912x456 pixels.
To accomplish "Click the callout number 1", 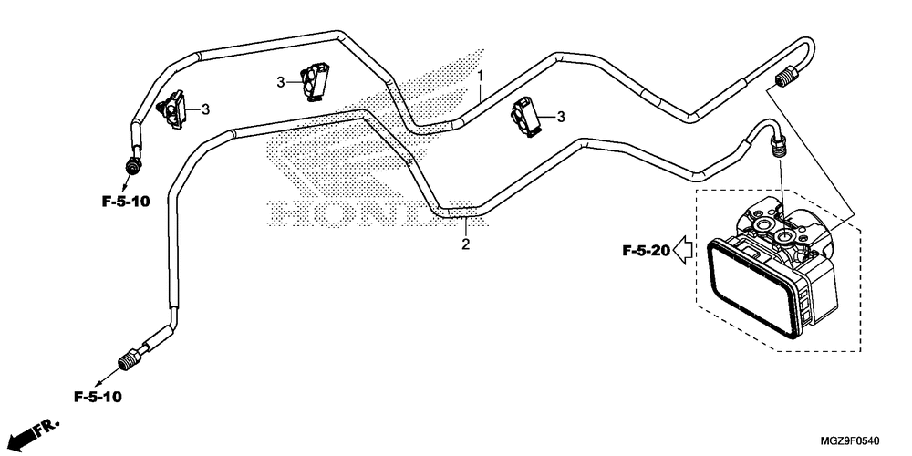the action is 481,76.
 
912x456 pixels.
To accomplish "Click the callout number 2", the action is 465,244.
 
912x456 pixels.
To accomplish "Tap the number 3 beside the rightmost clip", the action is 561,118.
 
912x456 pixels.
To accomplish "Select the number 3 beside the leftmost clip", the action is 205,109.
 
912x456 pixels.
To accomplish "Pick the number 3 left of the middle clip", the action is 281,83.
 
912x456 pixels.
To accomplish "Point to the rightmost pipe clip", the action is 526,118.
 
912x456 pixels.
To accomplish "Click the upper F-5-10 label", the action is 126,202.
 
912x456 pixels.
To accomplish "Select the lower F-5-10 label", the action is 98,398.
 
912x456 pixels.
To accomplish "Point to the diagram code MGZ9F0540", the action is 850,440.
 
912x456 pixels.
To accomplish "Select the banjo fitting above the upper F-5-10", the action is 134,163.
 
